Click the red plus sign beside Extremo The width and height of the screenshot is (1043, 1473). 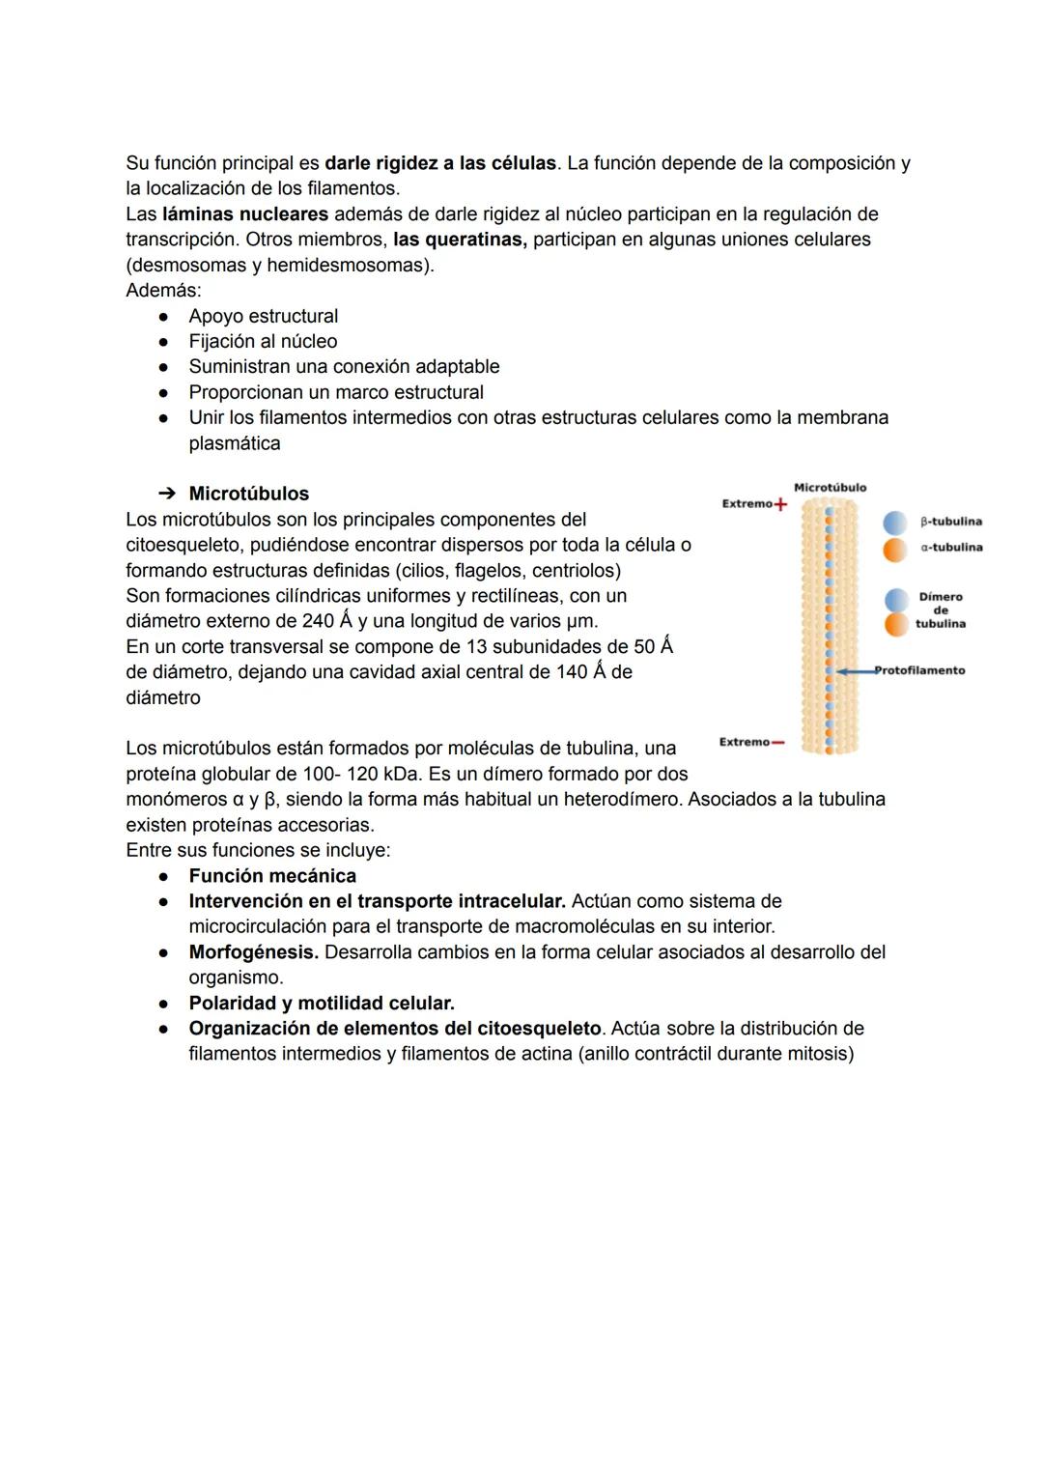pyautogui.click(x=780, y=504)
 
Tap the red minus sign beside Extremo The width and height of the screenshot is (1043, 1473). pyautogui.click(x=778, y=743)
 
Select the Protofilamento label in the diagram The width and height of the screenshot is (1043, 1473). pyautogui.click(x=920, y=670)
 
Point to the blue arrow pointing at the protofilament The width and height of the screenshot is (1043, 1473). pyautogui.click(x=856, y=670)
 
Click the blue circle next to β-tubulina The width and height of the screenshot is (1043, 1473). pyautogui.click(x=896, y=522)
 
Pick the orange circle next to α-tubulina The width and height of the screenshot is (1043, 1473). pyautogui.click(x=896, y=548)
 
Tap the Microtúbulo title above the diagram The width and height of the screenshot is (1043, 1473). pyautogui.click(x=830, y=488)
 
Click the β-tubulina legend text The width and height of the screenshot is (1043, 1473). pyautogui.click(x=950, y=522)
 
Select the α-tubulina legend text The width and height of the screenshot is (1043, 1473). pyautogui.click(x=951, y=548)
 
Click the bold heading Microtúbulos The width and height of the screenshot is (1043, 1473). pyautogui.click(x=249, y=494)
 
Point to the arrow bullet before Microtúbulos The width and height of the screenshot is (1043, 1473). pyautogui.click(x=166, y=494)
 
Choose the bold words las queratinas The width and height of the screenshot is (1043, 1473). pyautogui.click(x=460, y=239)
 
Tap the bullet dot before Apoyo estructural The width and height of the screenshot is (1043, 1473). pyautogui.click(x=165, y=317)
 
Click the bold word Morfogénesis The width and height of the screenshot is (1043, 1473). pyautogui.click(x=253, y=952)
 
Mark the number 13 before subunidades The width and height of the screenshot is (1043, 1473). pyautogui.click(x=476, y=646)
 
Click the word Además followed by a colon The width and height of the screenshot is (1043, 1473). pyautogui.click(x=164, y=290)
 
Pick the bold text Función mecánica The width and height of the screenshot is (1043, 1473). pyautogui.click(x=272, y=876)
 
